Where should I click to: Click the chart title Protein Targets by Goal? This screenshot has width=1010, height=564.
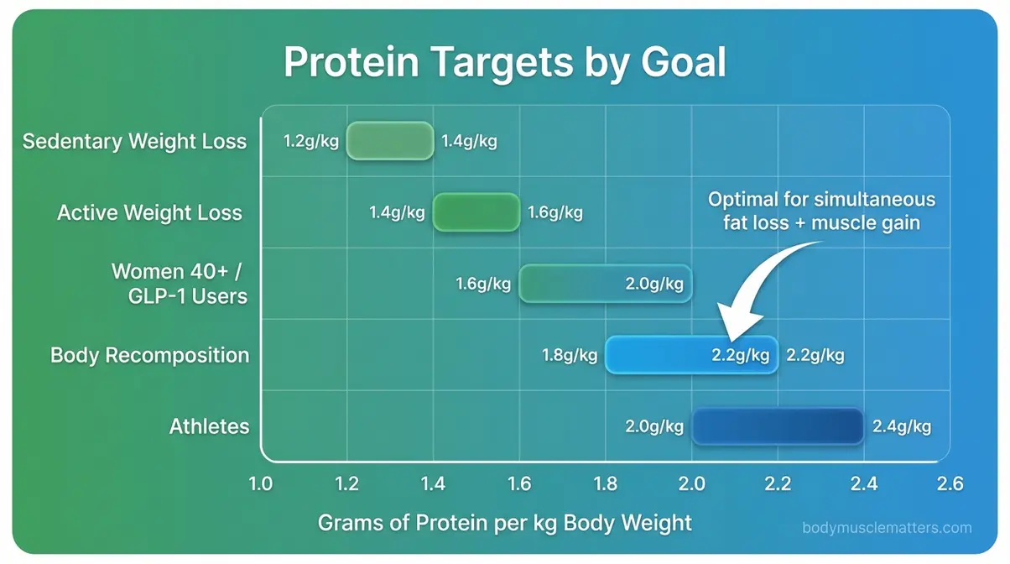coord(504,62)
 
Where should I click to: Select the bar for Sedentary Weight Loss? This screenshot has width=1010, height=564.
coord(390,141)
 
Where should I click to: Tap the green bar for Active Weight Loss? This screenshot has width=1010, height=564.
coord(476,212)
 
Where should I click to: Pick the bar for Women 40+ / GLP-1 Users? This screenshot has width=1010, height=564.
coord(606,284)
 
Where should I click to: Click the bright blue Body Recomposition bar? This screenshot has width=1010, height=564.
coord(691,355)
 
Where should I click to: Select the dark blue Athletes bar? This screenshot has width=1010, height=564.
coord(778,426)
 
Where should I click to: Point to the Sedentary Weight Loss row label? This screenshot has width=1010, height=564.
coord(135,141)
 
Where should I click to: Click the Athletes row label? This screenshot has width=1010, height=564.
coord(209,426)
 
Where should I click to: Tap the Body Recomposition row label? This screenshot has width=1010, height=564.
coord(150,355)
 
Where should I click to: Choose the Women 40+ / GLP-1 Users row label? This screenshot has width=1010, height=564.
coord(180,284)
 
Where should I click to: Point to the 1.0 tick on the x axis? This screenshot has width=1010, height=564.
coord(261,484)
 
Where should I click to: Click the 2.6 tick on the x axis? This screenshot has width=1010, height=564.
coord(950,484)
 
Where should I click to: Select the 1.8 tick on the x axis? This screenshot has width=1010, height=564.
coord(606,484)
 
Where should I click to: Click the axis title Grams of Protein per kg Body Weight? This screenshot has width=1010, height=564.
coord(505,524)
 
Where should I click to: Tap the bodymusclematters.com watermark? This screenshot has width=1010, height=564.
coord(887,528)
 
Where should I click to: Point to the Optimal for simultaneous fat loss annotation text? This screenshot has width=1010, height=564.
coord(821,211)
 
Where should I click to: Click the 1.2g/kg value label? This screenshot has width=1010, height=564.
coord(311,141)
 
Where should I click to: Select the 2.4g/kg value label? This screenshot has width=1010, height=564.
coord(902,426)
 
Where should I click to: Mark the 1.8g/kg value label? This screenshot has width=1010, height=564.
coord(570,355)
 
